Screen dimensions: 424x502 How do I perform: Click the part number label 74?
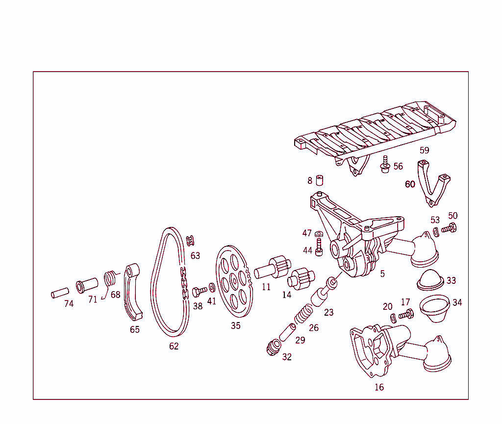tap(69, 304)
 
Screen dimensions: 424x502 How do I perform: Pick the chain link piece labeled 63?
tap(191, 241)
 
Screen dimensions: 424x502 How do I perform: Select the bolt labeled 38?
tap(198, 293)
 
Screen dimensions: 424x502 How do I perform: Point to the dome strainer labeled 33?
tap(429, 278)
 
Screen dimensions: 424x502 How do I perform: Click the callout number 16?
tap(379, 387)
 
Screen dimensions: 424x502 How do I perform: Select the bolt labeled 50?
tap(449, 228)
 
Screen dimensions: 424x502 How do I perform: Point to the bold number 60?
tap(410, 184)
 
